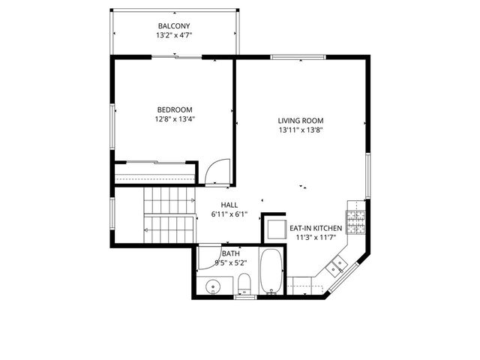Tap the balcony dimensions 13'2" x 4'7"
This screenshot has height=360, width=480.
(x=174, y=35)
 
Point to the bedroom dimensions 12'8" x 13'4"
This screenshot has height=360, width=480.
(x=175, y=118)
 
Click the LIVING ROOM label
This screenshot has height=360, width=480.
(x=300, y=121)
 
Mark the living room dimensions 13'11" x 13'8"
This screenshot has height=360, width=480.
(x=300, y=130)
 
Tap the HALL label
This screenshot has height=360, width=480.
(x=229, y=205)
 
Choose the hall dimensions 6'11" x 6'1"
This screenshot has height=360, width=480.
(x=229, y=214)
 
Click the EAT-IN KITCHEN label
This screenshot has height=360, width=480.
(x=316, y=228)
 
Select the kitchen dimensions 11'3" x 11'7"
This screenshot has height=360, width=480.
(x=316, y=238)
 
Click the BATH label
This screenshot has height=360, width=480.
(x=230, y=253)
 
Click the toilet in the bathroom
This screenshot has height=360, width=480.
(x=244, y=283)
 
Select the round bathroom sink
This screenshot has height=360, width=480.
(x=213, y=285)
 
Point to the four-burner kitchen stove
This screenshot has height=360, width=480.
(x=357, y=220)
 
